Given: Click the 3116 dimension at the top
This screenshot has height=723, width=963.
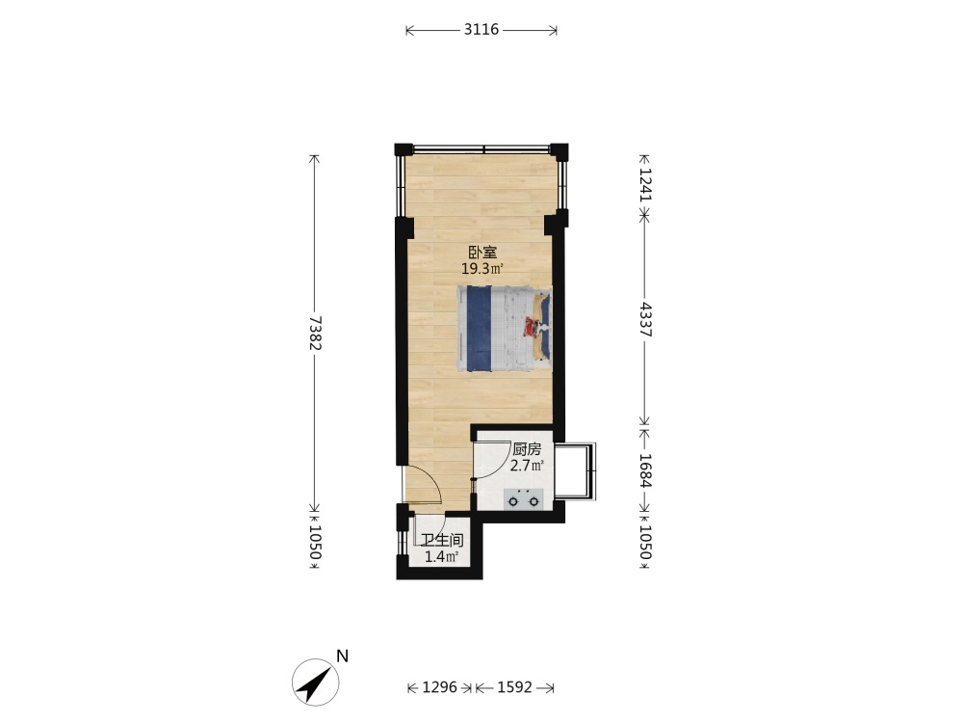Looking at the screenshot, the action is (481, 30).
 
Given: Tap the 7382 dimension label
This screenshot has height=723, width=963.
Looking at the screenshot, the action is (315, 333).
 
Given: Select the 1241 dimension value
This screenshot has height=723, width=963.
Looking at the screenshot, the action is (645, 185).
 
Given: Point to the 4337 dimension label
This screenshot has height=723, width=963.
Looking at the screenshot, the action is (645, 319).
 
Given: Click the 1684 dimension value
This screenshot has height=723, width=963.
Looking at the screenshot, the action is (645, 470).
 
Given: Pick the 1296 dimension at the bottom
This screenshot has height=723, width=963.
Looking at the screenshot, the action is (440, 686).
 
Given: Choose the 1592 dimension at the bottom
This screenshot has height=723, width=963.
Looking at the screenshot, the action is (514, 686).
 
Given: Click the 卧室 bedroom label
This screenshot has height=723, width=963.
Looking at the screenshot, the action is (482, 252).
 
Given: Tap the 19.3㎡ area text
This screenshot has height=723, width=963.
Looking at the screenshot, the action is (482, 269).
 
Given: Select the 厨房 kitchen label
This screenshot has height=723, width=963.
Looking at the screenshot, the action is (527, 449).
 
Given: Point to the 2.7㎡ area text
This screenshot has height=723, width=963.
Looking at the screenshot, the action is (527, 466).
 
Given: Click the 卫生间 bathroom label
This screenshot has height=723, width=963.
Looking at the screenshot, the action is (442, 541).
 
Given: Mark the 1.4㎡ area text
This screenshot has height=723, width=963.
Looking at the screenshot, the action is (442, 557).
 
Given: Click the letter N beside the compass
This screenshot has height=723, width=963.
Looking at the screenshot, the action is (343, 656).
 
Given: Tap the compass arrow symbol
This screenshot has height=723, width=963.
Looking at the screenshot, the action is (316, 683).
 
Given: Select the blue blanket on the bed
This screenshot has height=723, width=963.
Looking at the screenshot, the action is (479, 329).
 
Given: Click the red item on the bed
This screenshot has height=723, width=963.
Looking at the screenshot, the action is (530, 326).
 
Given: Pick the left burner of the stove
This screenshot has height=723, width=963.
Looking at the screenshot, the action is (513, 501).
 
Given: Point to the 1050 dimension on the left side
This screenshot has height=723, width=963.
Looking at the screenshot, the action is (315, 542).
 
